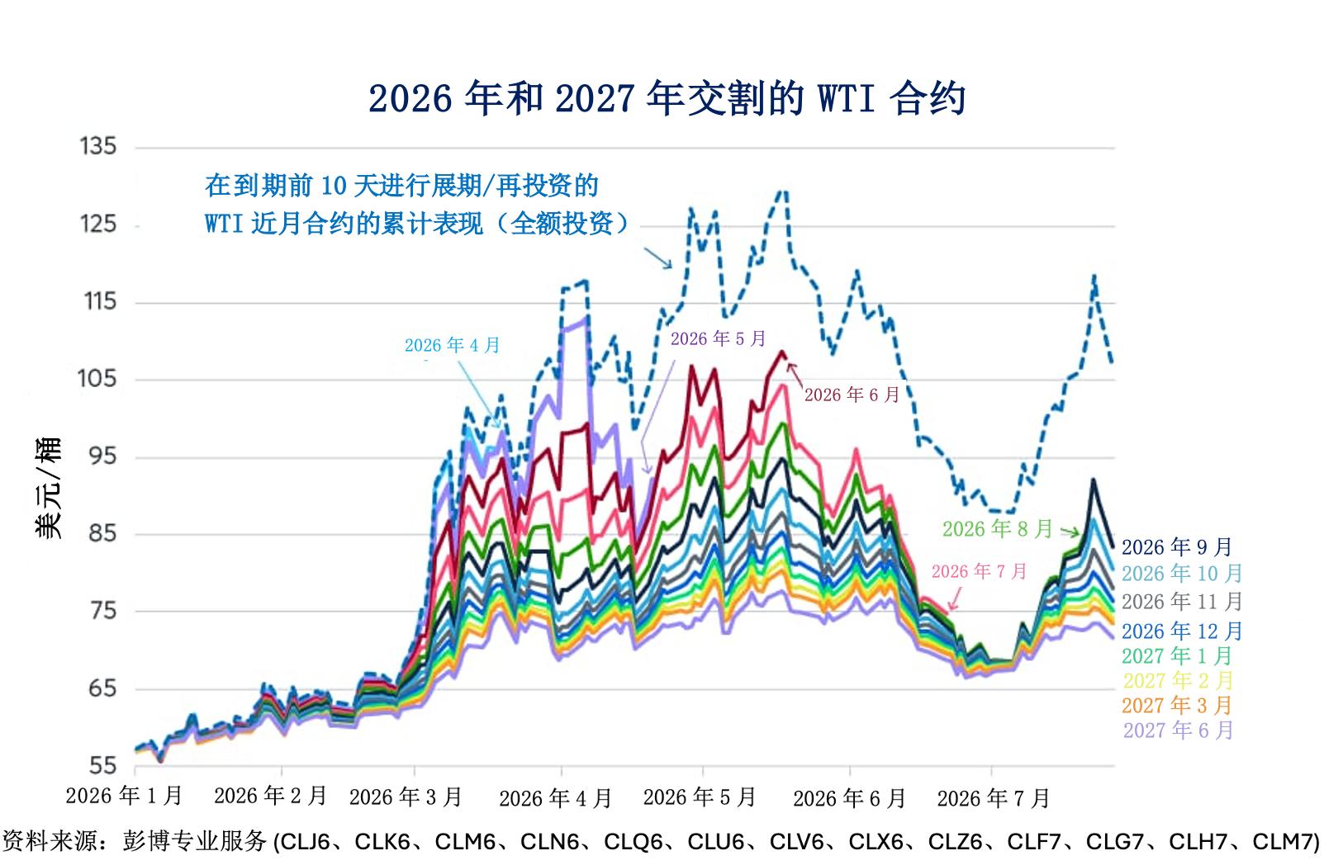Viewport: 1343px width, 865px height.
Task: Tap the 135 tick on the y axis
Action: (98, 146)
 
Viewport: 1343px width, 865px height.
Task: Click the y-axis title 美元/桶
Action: (48, 488)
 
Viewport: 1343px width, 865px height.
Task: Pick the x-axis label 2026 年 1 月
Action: (124, 796)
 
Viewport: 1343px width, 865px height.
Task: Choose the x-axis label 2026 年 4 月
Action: (555, 798)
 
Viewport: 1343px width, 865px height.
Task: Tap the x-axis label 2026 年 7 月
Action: (994, 798)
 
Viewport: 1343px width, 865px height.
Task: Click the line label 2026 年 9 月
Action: (1176, 547)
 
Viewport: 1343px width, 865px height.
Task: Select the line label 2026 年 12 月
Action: (1182, 631)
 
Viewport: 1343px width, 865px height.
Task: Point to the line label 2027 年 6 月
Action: (1178, 730)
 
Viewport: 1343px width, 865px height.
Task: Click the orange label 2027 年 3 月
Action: (1176, 705)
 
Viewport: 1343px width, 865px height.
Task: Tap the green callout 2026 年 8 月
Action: (998, 529)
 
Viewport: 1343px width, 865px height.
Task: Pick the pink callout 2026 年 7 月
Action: (979, 571)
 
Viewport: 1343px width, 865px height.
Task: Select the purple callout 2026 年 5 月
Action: (719, 339)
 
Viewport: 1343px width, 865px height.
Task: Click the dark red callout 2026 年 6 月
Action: (852, 395)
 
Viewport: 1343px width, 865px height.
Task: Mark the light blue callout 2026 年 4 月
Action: (452, 345)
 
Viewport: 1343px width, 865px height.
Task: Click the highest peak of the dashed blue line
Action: (782, 191)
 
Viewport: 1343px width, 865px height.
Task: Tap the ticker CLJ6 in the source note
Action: (305, 842)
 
